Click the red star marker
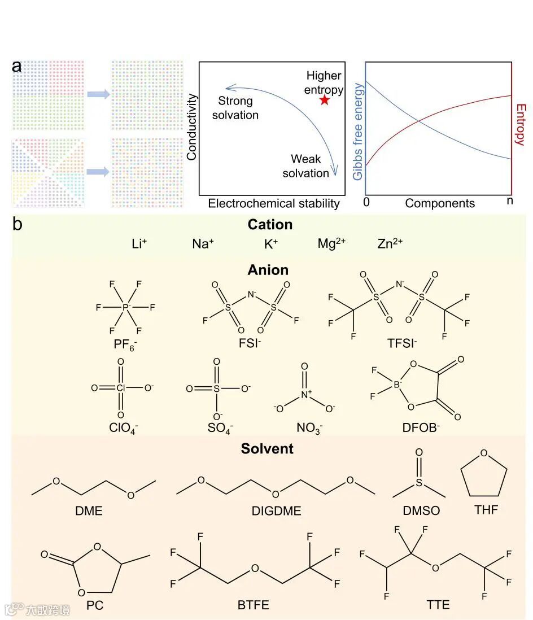(x=324, y=100)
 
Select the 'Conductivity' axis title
(x=191, y=127)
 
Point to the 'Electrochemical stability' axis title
(x=274, y=203)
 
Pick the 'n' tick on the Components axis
(x=510, y=201)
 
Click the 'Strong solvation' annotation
(x=235, y=108)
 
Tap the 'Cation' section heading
(x=270, y=224)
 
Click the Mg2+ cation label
(x=331, y=244)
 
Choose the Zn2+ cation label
(x=390, y=244)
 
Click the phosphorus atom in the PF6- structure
(x=126, y=307)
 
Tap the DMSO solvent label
(x=421, y=511)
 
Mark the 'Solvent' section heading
(x=267, y=448)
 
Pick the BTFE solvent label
(x=253, y=605)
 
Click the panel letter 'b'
(x=18, y=224)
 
